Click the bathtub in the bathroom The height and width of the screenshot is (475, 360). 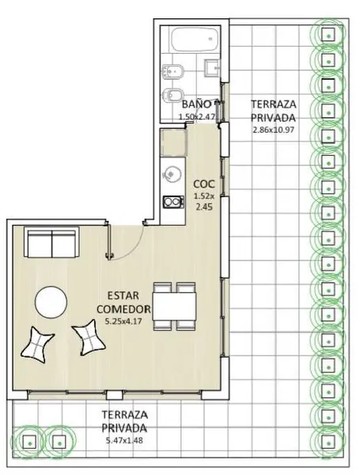(195, 40)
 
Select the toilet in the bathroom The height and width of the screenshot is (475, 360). (173, 95)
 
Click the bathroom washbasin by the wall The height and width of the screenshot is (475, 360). (211, 67)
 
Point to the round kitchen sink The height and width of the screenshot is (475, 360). (172, 173)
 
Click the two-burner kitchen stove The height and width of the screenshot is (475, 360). (173, 202)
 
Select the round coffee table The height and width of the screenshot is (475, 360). (51, 302)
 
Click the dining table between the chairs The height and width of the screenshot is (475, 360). (174, 306)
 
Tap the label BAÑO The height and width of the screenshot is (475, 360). (196, 104)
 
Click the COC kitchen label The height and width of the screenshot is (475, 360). (204, 184)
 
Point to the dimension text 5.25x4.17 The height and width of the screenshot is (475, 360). (123, 321)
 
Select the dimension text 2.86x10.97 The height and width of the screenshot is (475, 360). (274, 130)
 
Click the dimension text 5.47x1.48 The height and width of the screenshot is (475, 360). (124, 440)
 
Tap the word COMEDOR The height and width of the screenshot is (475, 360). (123, 309)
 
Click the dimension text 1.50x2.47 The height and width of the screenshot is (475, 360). (196, 116)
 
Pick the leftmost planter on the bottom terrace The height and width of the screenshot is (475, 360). (29, 442)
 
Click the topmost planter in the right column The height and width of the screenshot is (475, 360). (328, 35)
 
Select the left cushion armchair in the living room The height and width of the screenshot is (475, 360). (37, 344)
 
